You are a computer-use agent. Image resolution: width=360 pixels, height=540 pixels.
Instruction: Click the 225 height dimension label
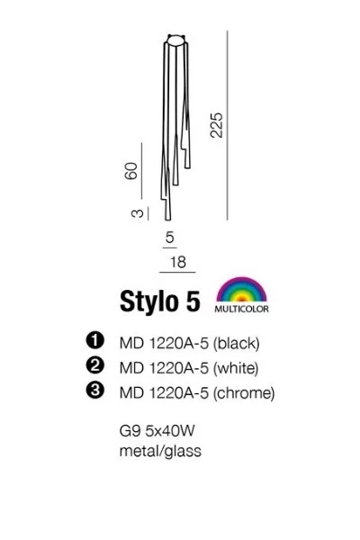(217, 125)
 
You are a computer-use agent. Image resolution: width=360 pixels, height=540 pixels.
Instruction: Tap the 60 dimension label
(131, 170)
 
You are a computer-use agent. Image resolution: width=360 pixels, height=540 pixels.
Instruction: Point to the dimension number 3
(137, 213)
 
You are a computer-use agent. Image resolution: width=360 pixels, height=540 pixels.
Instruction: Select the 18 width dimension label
(178, 262)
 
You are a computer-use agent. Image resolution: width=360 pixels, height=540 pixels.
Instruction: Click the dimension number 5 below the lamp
(169, 238)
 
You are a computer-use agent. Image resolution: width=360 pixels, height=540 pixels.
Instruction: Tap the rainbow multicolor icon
(241, 290)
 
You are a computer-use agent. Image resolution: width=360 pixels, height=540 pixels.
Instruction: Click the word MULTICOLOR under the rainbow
(241, 309)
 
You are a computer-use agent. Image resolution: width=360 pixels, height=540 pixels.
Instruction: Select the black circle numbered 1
(94, 340)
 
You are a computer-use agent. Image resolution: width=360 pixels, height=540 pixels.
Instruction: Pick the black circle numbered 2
(94, 365)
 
